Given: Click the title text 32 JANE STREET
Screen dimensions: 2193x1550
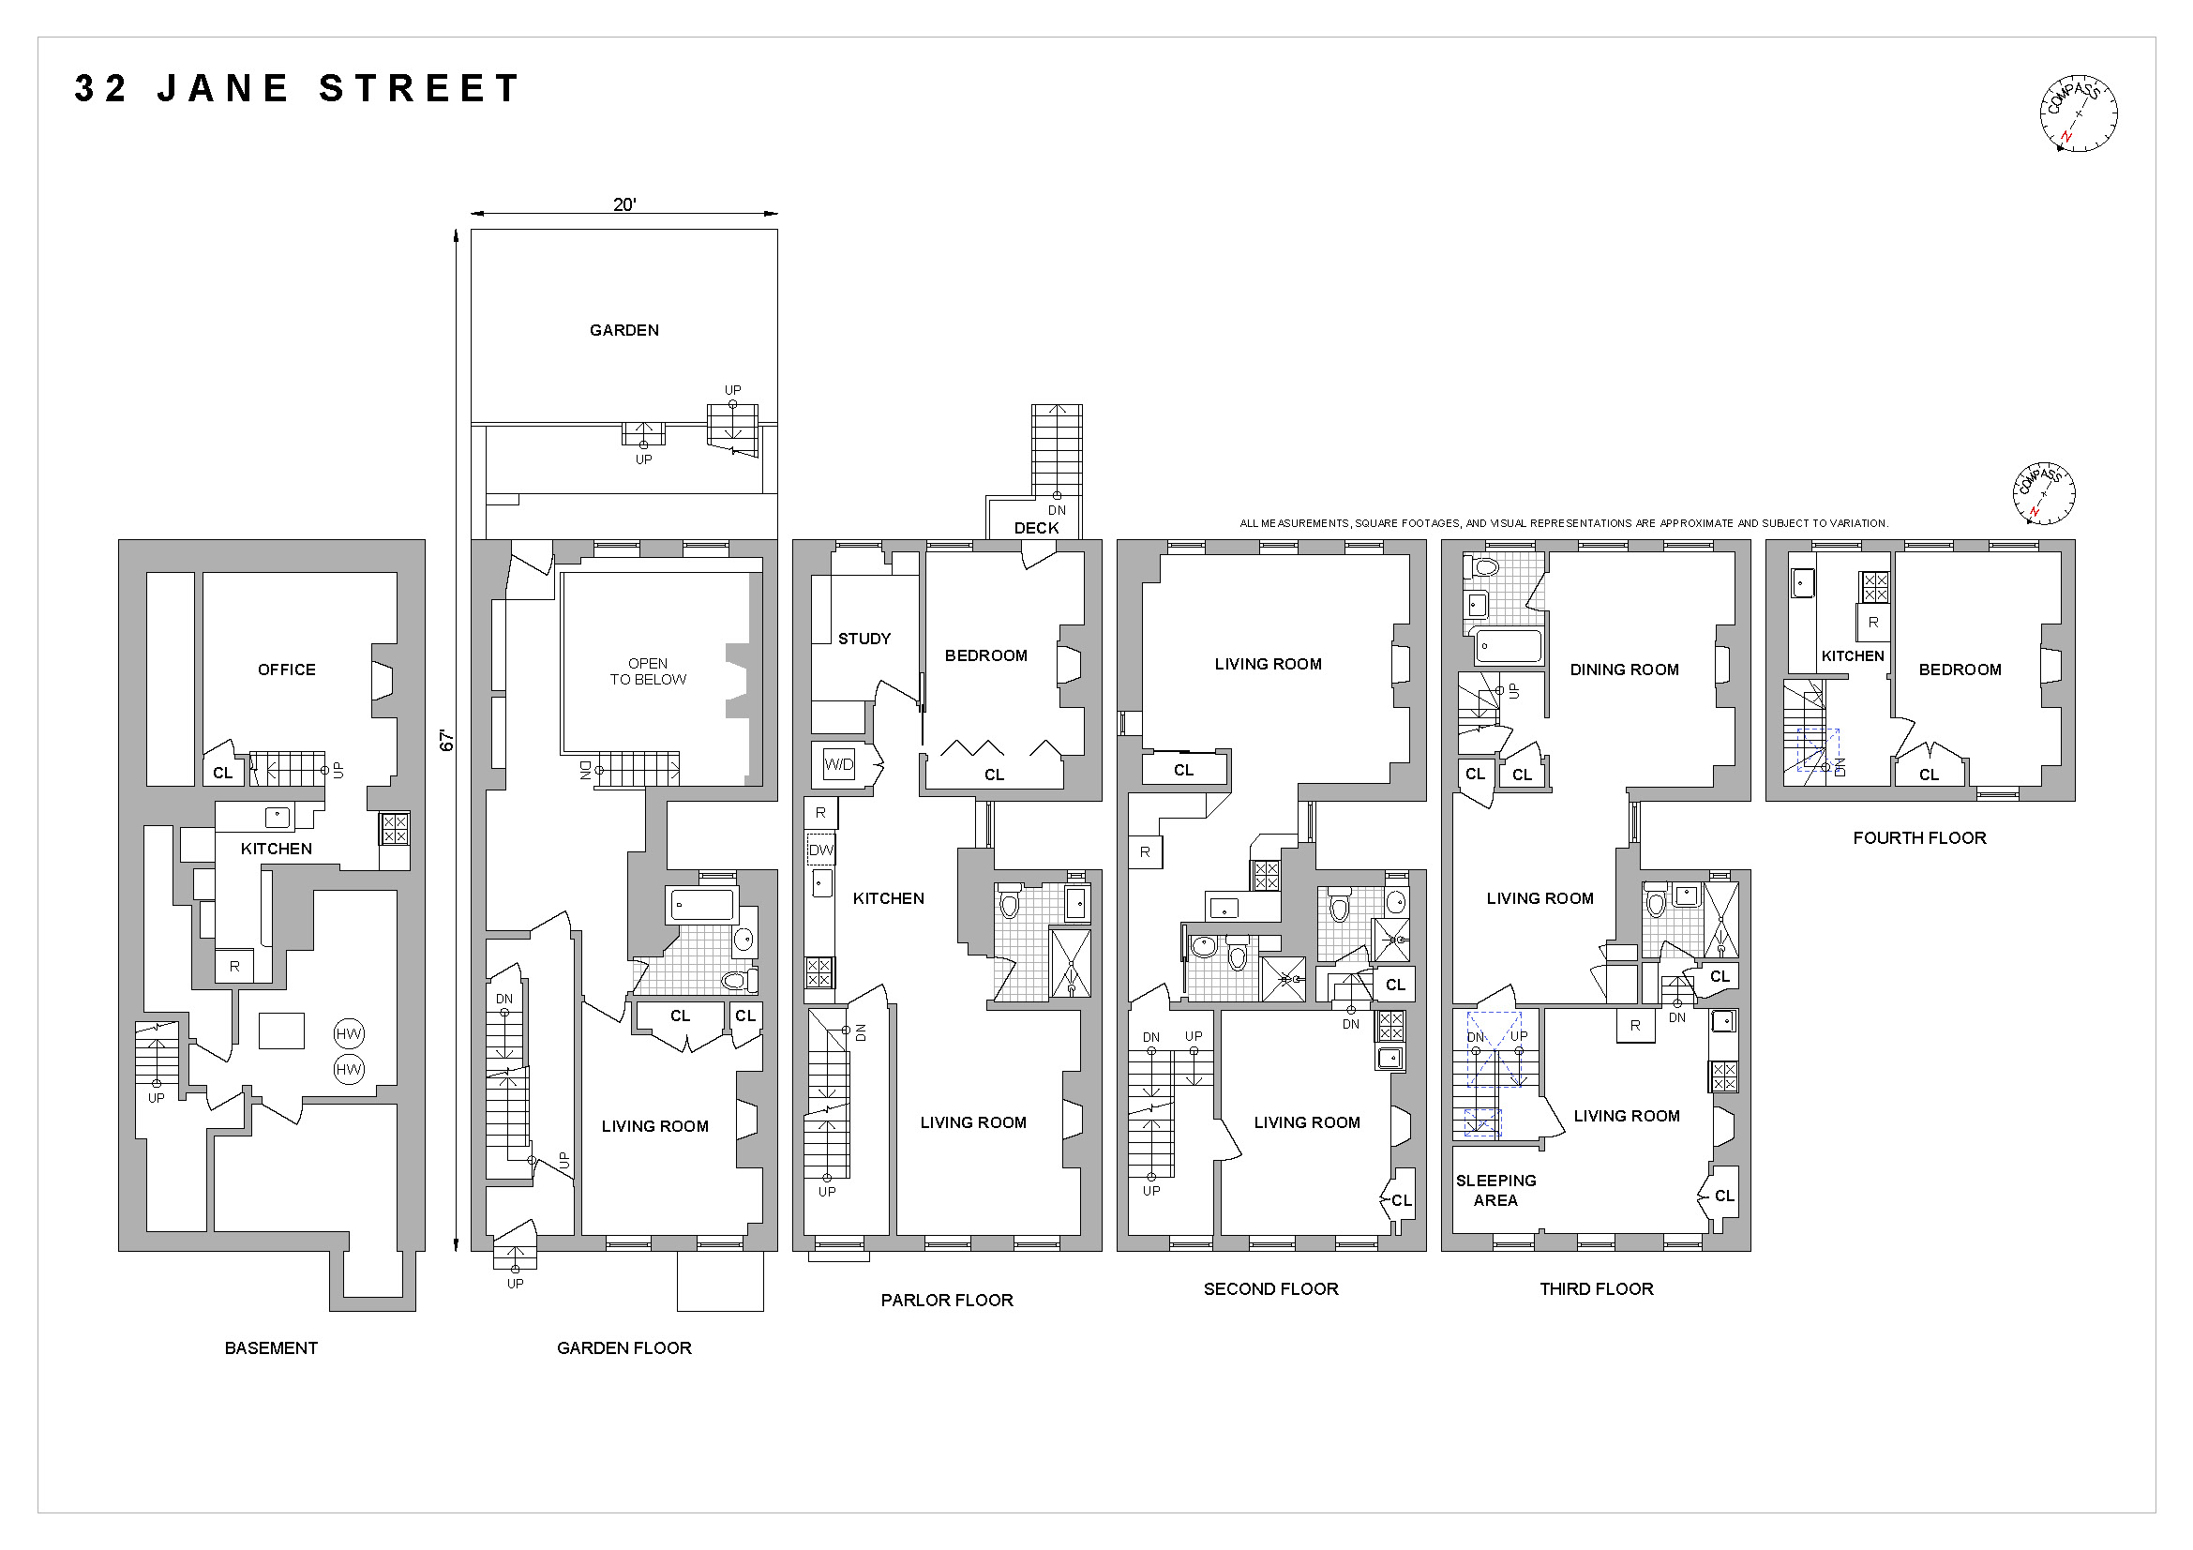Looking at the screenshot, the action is coord(297,89).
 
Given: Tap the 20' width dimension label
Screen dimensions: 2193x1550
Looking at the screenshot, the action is coord(623,204).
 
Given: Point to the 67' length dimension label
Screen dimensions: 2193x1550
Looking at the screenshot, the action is coord(446,740).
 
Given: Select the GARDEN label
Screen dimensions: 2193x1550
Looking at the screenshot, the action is coord(623,330).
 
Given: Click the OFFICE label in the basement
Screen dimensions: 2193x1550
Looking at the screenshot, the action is coord(287,670).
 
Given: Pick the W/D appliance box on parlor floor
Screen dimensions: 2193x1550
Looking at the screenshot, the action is coord(838,764).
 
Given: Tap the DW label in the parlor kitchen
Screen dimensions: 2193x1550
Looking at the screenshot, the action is coord(820,850).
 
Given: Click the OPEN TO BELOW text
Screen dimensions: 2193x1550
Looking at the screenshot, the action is coord(648,671).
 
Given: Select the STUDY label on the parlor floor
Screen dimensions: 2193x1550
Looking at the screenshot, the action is coord(864,639).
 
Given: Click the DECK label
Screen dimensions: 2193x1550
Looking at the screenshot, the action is coord(1036,528).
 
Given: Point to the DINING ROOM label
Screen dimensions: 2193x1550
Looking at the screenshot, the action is coord(1624,670).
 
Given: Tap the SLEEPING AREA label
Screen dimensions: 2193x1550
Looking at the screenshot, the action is coord(1495,1190).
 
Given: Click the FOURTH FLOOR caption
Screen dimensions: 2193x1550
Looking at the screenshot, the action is coord(1919,837).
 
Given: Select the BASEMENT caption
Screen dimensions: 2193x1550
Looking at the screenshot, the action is coord(271,1347).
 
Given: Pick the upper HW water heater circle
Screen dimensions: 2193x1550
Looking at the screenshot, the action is coord(349,1033).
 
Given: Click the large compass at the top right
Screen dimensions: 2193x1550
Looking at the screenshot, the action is coord(2079,113).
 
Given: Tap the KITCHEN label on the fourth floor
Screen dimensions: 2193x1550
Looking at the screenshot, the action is coord(1852,656).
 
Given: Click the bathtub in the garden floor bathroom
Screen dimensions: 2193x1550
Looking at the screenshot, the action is coord(702,905).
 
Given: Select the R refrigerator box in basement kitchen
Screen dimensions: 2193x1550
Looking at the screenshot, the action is coord(235,966).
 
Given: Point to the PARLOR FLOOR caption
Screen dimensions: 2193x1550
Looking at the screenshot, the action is coord(947,1300).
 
